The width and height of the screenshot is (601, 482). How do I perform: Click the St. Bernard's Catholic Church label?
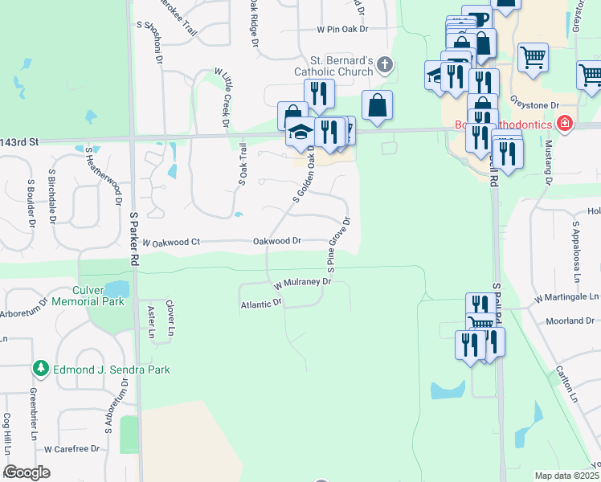coord(341,66)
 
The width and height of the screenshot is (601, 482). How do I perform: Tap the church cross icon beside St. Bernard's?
coord(386,64)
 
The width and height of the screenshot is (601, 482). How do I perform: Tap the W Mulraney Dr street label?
coord(302,283)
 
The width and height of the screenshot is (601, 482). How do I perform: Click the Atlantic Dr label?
coord(261,304)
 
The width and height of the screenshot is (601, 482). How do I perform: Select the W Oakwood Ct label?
coord(170,241)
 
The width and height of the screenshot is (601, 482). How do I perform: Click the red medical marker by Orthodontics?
coord(565,124)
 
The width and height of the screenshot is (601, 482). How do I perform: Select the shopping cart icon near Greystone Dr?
coord(533,58)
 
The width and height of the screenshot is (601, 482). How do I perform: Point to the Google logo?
coord(27,472)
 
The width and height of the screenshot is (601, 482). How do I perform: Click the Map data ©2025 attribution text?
coord(567,476)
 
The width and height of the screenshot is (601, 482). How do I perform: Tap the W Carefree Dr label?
coord(72,448)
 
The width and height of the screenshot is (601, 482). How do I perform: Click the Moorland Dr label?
coord(570,321)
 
